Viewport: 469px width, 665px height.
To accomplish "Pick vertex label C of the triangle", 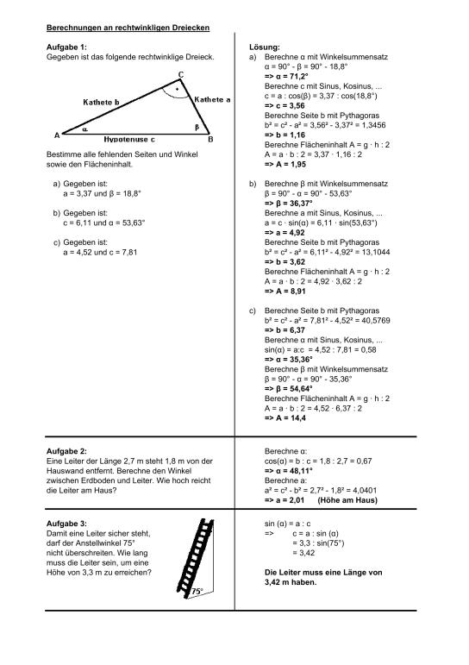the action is (x=179, y=74).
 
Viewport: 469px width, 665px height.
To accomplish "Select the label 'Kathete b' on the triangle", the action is (x=106, y=102).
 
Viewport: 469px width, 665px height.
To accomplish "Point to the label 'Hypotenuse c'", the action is (x=129, y=138).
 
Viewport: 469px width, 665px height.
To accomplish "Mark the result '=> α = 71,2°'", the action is (x=291, y=76).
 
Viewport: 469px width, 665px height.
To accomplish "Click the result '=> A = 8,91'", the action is (x=287, y=292).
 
